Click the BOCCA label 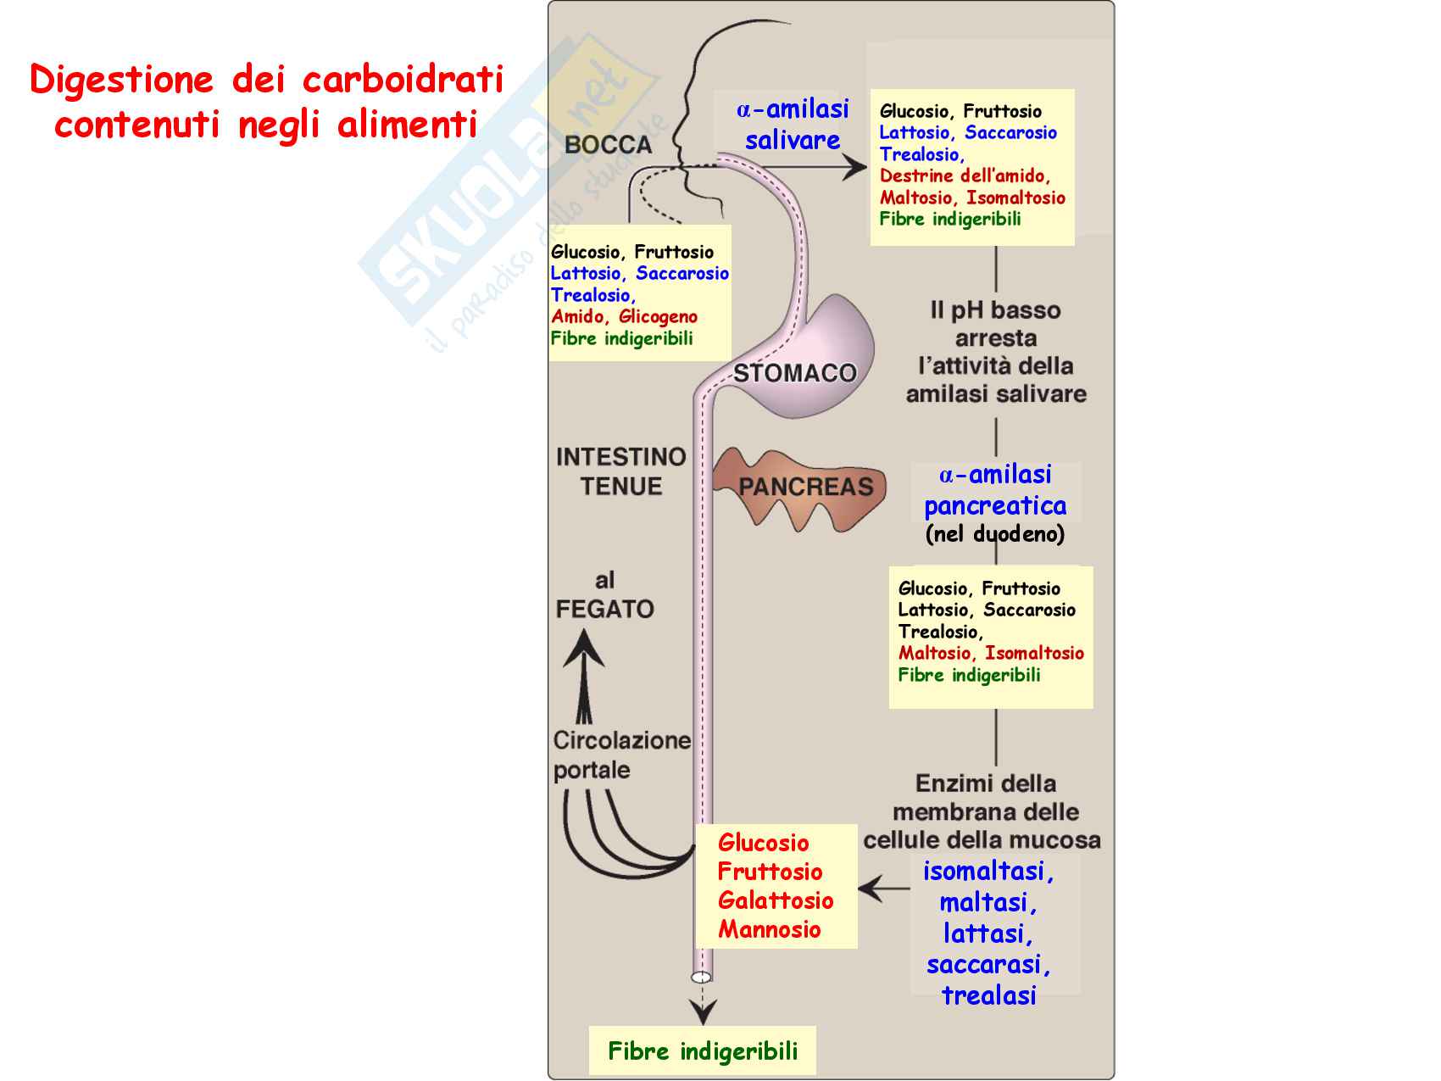point(608,145)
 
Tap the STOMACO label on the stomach point(794,373)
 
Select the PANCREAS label point(805,487)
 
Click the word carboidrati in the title point(403,80)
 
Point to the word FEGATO point(604,609)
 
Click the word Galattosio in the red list point(776,900)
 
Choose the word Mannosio point(769,929)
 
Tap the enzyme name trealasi point(988,995)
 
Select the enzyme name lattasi point(988,933)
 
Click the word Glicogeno point(658,317)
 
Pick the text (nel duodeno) point(994,534)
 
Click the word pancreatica point(995,506)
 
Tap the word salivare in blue point(793,140)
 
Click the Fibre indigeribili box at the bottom point(703,1051)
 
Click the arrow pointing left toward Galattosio point(882,889)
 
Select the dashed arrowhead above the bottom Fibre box point(702,1011)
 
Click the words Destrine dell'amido point(964,176)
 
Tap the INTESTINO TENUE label point(620,471)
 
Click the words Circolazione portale point(621,755)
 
